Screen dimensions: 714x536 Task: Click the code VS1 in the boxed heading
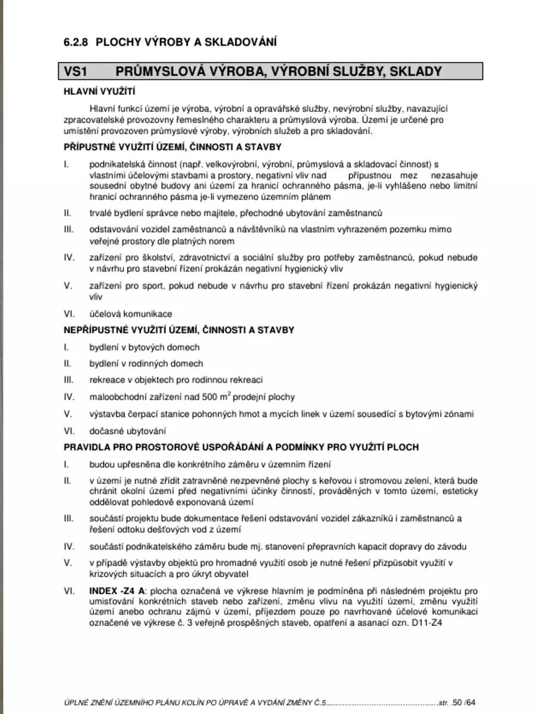pyautogui.click(x=76, y=71)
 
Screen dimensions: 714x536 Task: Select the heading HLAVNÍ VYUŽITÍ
pyautogui.click(x=99, y=92)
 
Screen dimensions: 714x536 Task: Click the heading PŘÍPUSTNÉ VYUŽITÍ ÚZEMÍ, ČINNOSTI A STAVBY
pyautogui.click(x=173, y=147)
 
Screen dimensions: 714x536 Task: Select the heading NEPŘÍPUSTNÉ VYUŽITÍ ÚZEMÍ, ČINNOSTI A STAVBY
pyautogui.click(x=179, y=329)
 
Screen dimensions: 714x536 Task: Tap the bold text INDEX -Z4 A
pyautogui.click(x=117, y=591)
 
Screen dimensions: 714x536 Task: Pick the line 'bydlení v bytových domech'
pyautogui.click(x=144, y=347)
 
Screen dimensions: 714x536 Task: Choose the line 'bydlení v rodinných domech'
pyautogui.click(x=146, y=364)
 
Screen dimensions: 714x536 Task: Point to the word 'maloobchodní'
pyautogui.click(x=116, y=397)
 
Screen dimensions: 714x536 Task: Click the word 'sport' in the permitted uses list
pyautogui.click(x=151, y=286)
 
